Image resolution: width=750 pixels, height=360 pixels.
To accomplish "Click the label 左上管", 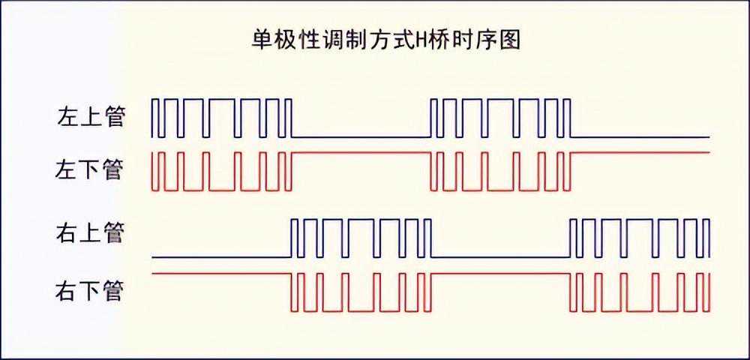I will (x=90, y=118).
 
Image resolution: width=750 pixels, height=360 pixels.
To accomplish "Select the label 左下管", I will (x=90, y=169).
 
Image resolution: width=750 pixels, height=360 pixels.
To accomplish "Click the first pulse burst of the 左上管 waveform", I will (x=221, y=118).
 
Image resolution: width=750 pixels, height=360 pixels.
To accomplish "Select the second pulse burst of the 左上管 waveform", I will (x=499, y=118).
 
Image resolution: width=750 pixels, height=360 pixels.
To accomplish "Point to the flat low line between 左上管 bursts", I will (x=360, y=137).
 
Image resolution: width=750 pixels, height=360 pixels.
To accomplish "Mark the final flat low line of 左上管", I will (x=640, y=137).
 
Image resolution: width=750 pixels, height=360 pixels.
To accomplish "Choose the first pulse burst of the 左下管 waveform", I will (x=221, y=171).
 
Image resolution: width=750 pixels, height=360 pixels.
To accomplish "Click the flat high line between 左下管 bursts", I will (x=360, y=152).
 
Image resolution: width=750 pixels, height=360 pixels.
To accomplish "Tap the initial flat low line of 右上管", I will (x=221, y=257).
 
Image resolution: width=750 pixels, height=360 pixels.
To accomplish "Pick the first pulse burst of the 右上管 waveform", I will (x=360, y=238).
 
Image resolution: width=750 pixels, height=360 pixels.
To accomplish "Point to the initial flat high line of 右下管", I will (x=221, y=274).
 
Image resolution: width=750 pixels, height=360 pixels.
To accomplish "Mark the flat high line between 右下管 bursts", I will (x=499, y=274).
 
